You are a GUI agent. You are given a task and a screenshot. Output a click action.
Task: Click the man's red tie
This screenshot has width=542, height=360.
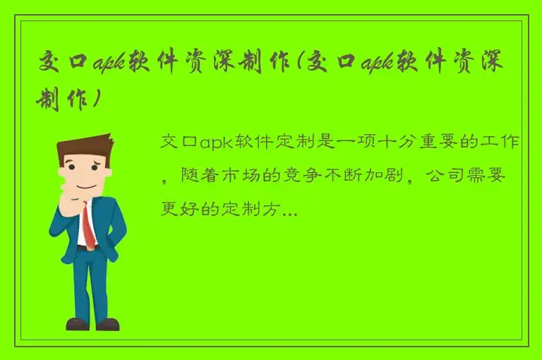coord(89,224)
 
